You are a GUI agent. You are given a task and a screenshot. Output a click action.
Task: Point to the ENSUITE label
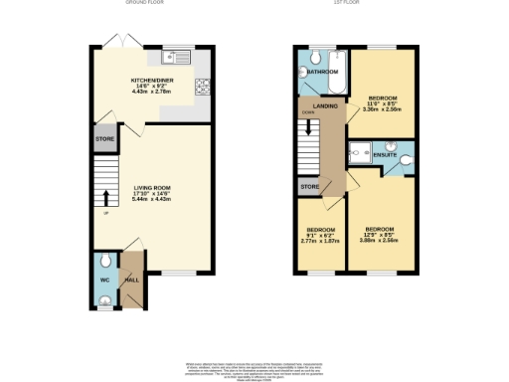tap(385, 155)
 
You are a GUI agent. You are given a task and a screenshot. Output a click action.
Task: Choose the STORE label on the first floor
tap(308, 186)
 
